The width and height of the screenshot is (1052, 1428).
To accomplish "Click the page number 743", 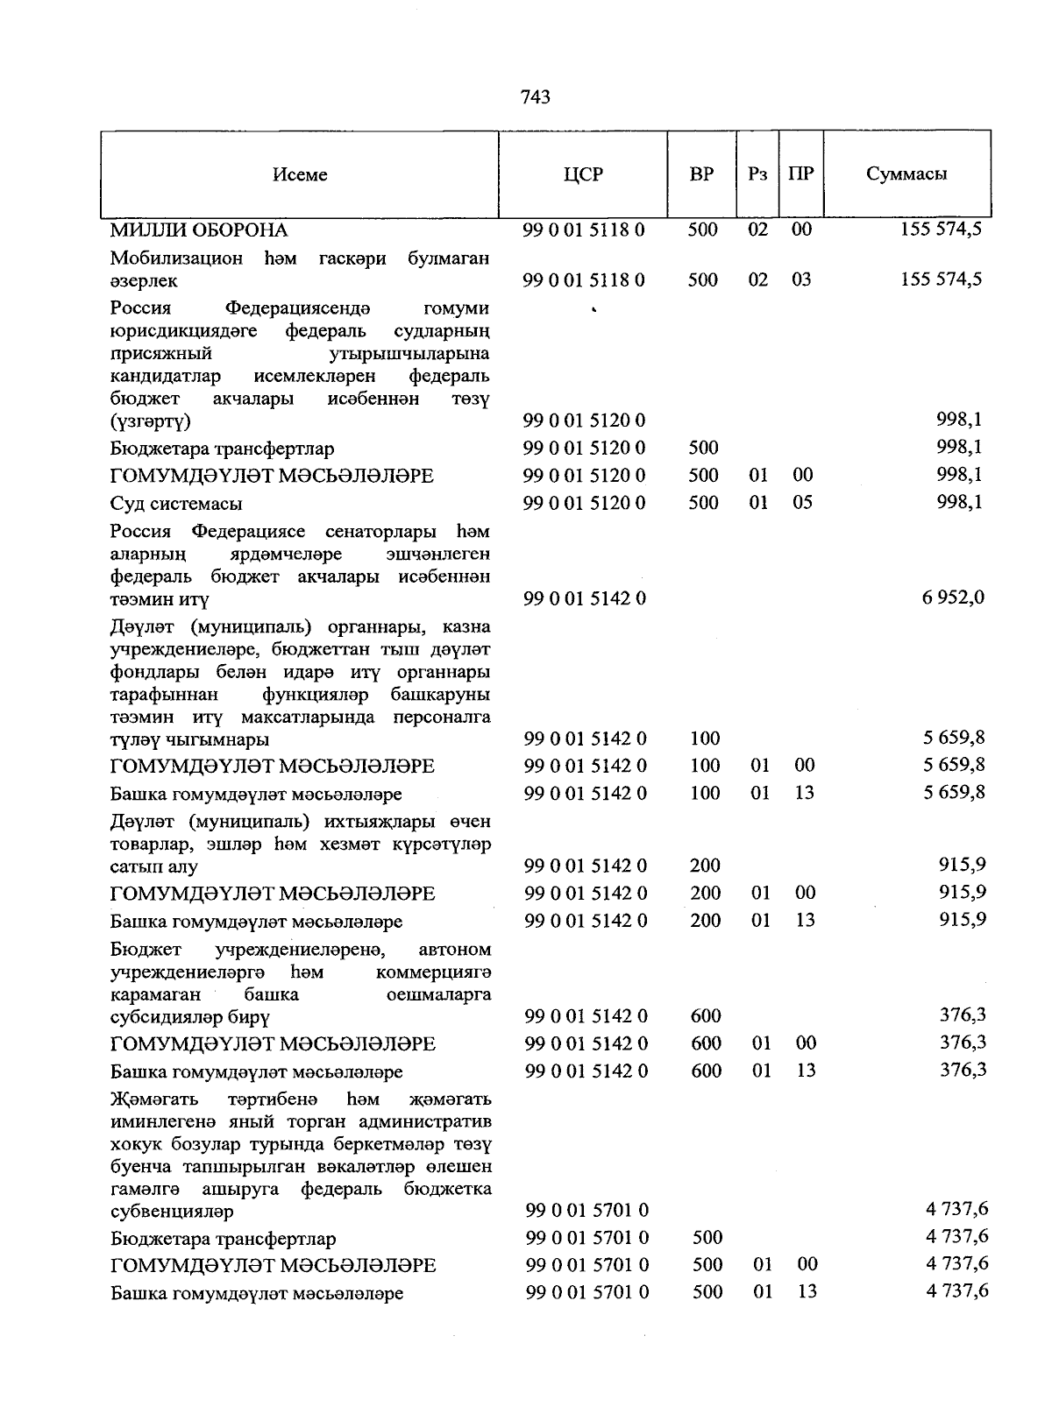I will (535, 97).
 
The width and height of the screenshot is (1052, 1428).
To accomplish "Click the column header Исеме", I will (300, 174).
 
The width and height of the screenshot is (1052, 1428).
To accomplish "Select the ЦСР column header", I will (583, 173).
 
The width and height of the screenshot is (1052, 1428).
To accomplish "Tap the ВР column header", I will (701, 173).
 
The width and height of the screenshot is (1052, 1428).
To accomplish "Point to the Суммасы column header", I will (906, 173).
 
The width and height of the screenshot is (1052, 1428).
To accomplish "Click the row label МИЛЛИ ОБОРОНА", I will (199, 230).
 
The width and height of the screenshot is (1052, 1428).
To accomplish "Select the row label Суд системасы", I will (176, 504).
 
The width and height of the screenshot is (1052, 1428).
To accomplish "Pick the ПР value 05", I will (801, 502).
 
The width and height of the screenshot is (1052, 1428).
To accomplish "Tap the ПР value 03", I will (801, 279).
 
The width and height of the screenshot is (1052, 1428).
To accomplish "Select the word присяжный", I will (161, 354).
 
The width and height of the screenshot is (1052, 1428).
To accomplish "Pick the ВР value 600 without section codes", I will (706, 1016).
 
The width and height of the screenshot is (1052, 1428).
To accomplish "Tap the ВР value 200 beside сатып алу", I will (705, 866).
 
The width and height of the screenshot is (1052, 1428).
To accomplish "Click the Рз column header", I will (757, 173).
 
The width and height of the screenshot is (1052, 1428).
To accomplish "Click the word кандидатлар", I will (166, 377).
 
